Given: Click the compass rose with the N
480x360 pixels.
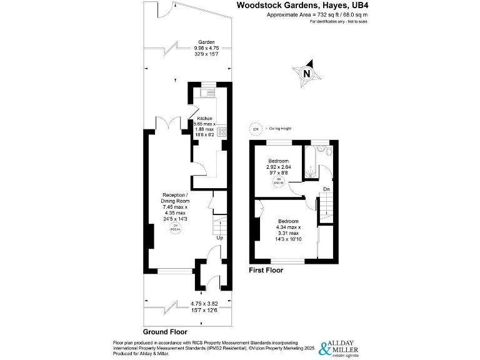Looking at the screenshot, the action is pos(306,74).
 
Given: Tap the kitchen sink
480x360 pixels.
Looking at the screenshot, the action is pos(206,93).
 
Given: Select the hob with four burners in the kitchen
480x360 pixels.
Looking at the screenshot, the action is pos(221,132).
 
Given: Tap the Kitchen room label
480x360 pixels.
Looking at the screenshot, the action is pos(205,119).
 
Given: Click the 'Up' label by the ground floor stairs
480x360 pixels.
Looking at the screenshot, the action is pos(219,238).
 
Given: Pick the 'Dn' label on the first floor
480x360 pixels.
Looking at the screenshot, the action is pos(326,189).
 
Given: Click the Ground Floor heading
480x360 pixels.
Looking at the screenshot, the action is pos(165,332).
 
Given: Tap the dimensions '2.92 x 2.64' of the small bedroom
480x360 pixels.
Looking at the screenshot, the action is pos(279,167).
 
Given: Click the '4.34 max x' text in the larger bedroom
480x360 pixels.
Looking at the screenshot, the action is pos(289,227).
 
